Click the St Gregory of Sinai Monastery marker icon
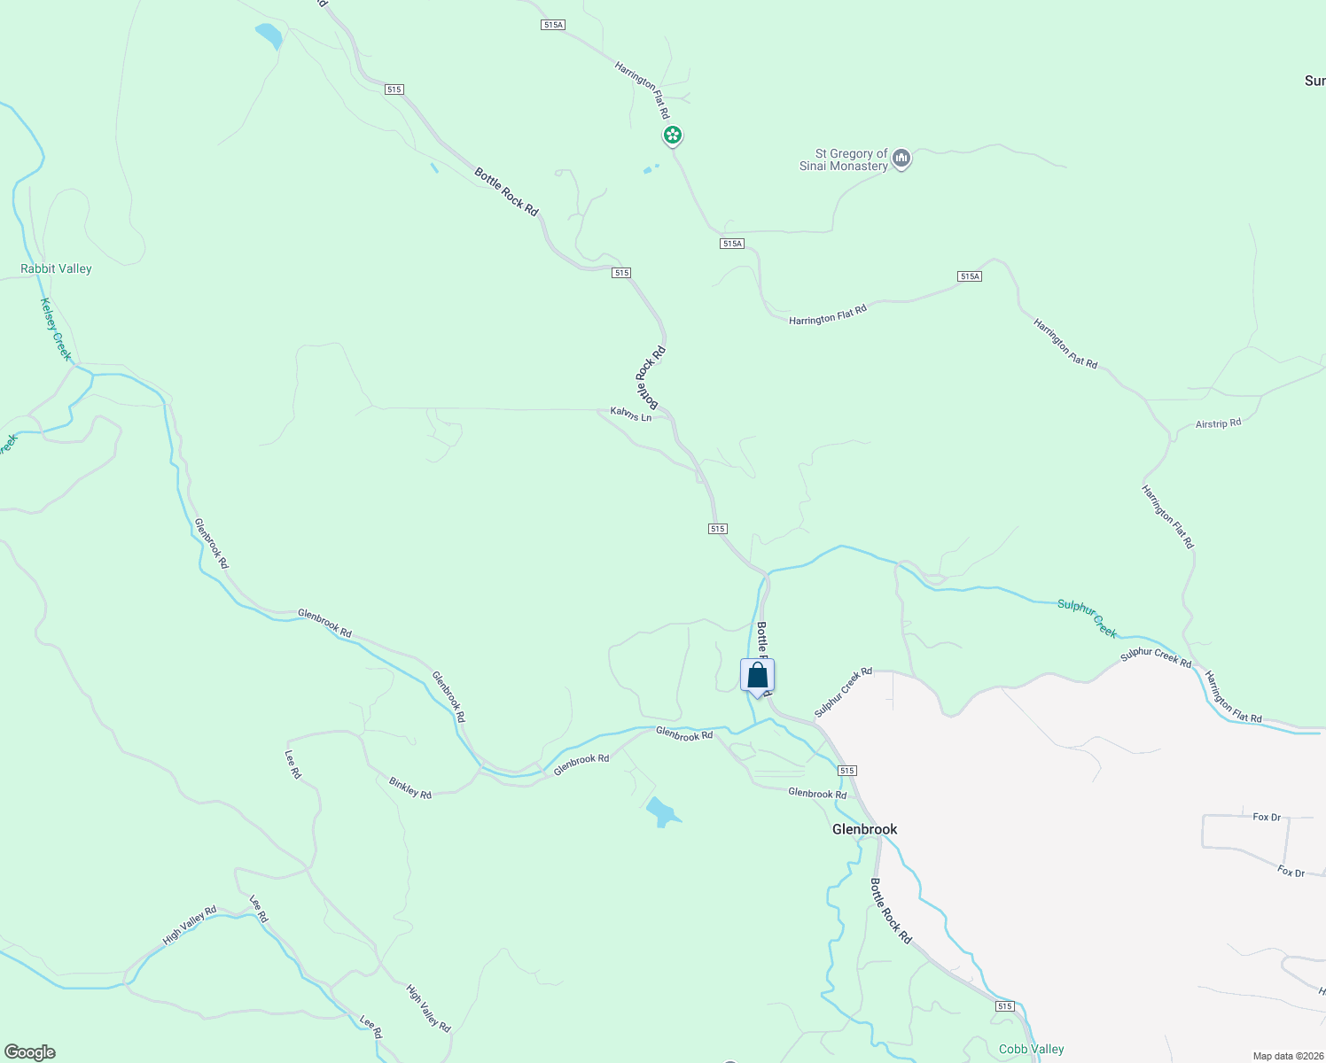(x=901, y=159)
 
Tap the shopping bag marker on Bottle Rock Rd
(x=757, y=676)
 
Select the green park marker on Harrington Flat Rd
(x=673, y=136)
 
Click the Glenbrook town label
(x=864, y=829)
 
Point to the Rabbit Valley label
(x=56, y=268)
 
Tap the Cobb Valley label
(x=1031, y=1049)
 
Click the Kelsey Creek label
(x=55, y=329)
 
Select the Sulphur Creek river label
(x=1087, y=618)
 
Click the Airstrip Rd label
(x=1218, y=423)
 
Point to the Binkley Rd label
(x=409, y=788)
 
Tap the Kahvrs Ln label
(x=630, y=414)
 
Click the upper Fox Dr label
(x=1267, y=817)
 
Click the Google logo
(x=30, y=1052)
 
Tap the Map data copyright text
(x=1288, y=1056)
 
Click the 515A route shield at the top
(x=552, y=25)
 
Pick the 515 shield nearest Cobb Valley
(x=1003, y=1006)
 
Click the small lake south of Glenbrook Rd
(x=661, y=811)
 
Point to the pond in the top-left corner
(x=269, y=35)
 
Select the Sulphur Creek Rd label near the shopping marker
(x=843, y=692)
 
